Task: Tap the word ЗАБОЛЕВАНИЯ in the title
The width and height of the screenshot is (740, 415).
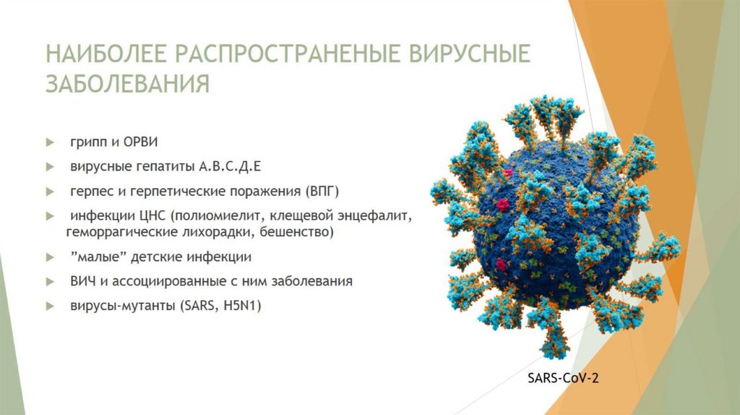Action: (x=128, y=83)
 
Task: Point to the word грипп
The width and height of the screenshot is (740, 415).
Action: (x=87, y=141)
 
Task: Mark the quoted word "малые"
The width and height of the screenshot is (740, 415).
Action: (x=95, y=257)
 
